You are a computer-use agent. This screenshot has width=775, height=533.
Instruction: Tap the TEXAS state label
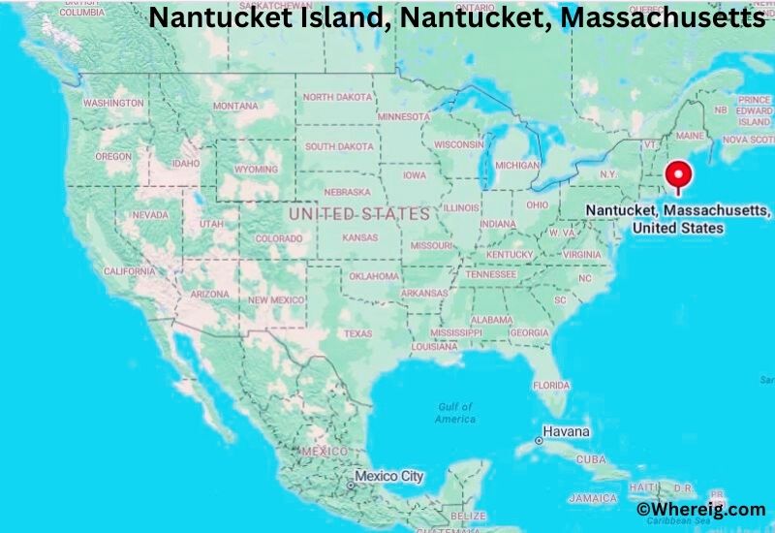[x=357, y=333]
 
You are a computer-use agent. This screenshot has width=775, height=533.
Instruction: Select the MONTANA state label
[x=235, y=106]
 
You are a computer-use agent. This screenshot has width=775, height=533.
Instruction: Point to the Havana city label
[x=567, y=430]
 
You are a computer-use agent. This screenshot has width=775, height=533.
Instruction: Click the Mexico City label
[x=388, y=476]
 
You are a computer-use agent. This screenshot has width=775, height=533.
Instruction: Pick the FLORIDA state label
[x=551, y=385]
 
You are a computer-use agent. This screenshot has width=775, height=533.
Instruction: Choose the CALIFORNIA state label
[x=129, y=271]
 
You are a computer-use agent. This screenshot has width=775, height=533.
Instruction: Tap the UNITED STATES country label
[x=359, y=213]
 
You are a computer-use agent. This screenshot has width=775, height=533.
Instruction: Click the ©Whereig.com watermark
[x=700, y=509]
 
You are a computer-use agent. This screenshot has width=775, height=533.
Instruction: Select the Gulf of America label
[x=455, y=413]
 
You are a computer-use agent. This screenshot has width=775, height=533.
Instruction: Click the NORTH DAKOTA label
[x=338, y=97]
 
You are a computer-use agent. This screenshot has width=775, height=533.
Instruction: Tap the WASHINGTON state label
[x=113, y=103]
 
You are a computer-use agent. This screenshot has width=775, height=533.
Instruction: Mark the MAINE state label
[x=690, y=136]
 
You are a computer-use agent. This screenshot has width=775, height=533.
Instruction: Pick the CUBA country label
[x=590, y=459]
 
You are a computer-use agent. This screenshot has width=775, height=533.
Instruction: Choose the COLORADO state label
[x=280, y=238]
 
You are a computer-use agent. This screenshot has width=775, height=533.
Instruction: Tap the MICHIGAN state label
[x=516, y=166]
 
